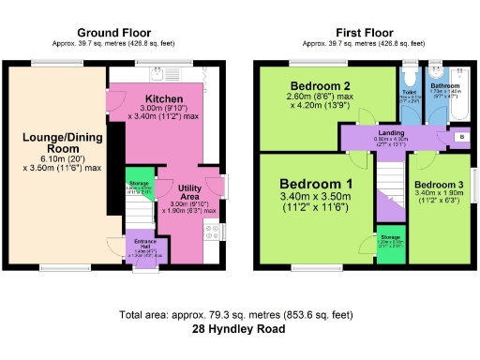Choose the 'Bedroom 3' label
pyautogui.click(x=439, y=185)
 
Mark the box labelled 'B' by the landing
pyautogui.click(x=459, y=139)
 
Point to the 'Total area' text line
pyautogui.click(x=240, y=315)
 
